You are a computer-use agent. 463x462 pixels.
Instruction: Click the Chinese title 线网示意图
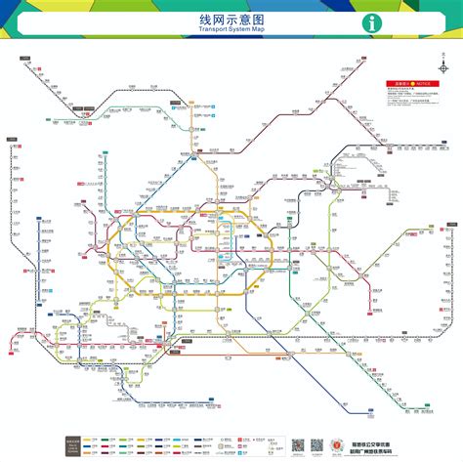point(231,20)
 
